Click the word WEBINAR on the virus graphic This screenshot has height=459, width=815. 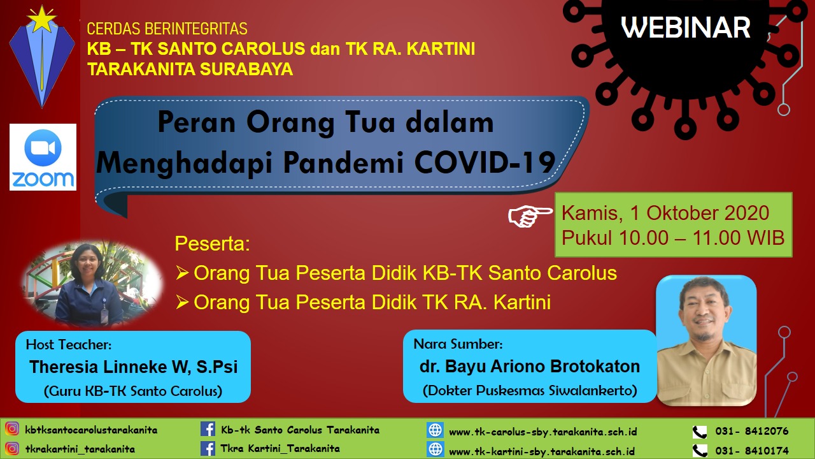coord(686,27)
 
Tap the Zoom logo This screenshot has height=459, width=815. coord(43,157)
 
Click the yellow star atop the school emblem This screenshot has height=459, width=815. coord(42,19)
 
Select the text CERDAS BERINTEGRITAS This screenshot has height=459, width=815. coord(167,29)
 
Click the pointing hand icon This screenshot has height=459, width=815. coord(530,215)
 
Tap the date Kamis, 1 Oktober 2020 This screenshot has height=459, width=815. coord(665,213)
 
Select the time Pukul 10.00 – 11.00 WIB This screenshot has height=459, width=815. coord(673,238)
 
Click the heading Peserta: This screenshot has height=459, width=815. coord(213,244)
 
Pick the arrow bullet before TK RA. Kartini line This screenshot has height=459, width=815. coord(182,302)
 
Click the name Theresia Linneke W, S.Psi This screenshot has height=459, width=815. coord(134,367)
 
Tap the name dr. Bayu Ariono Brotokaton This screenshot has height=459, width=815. coord(529,367)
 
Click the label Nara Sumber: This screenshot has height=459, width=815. coord(458,344)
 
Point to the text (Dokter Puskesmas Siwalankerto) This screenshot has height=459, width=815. coord(530,391)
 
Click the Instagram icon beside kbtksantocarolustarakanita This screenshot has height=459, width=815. coord(12,429)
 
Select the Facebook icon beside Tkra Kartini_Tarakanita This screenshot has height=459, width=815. coord(208,448)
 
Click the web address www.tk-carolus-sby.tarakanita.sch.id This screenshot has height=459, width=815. coord(543,432)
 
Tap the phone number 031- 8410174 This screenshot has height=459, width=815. coord(752,451)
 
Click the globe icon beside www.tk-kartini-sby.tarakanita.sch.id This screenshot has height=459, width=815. coord(435,449)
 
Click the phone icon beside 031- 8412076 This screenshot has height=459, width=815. coord(700,432)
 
